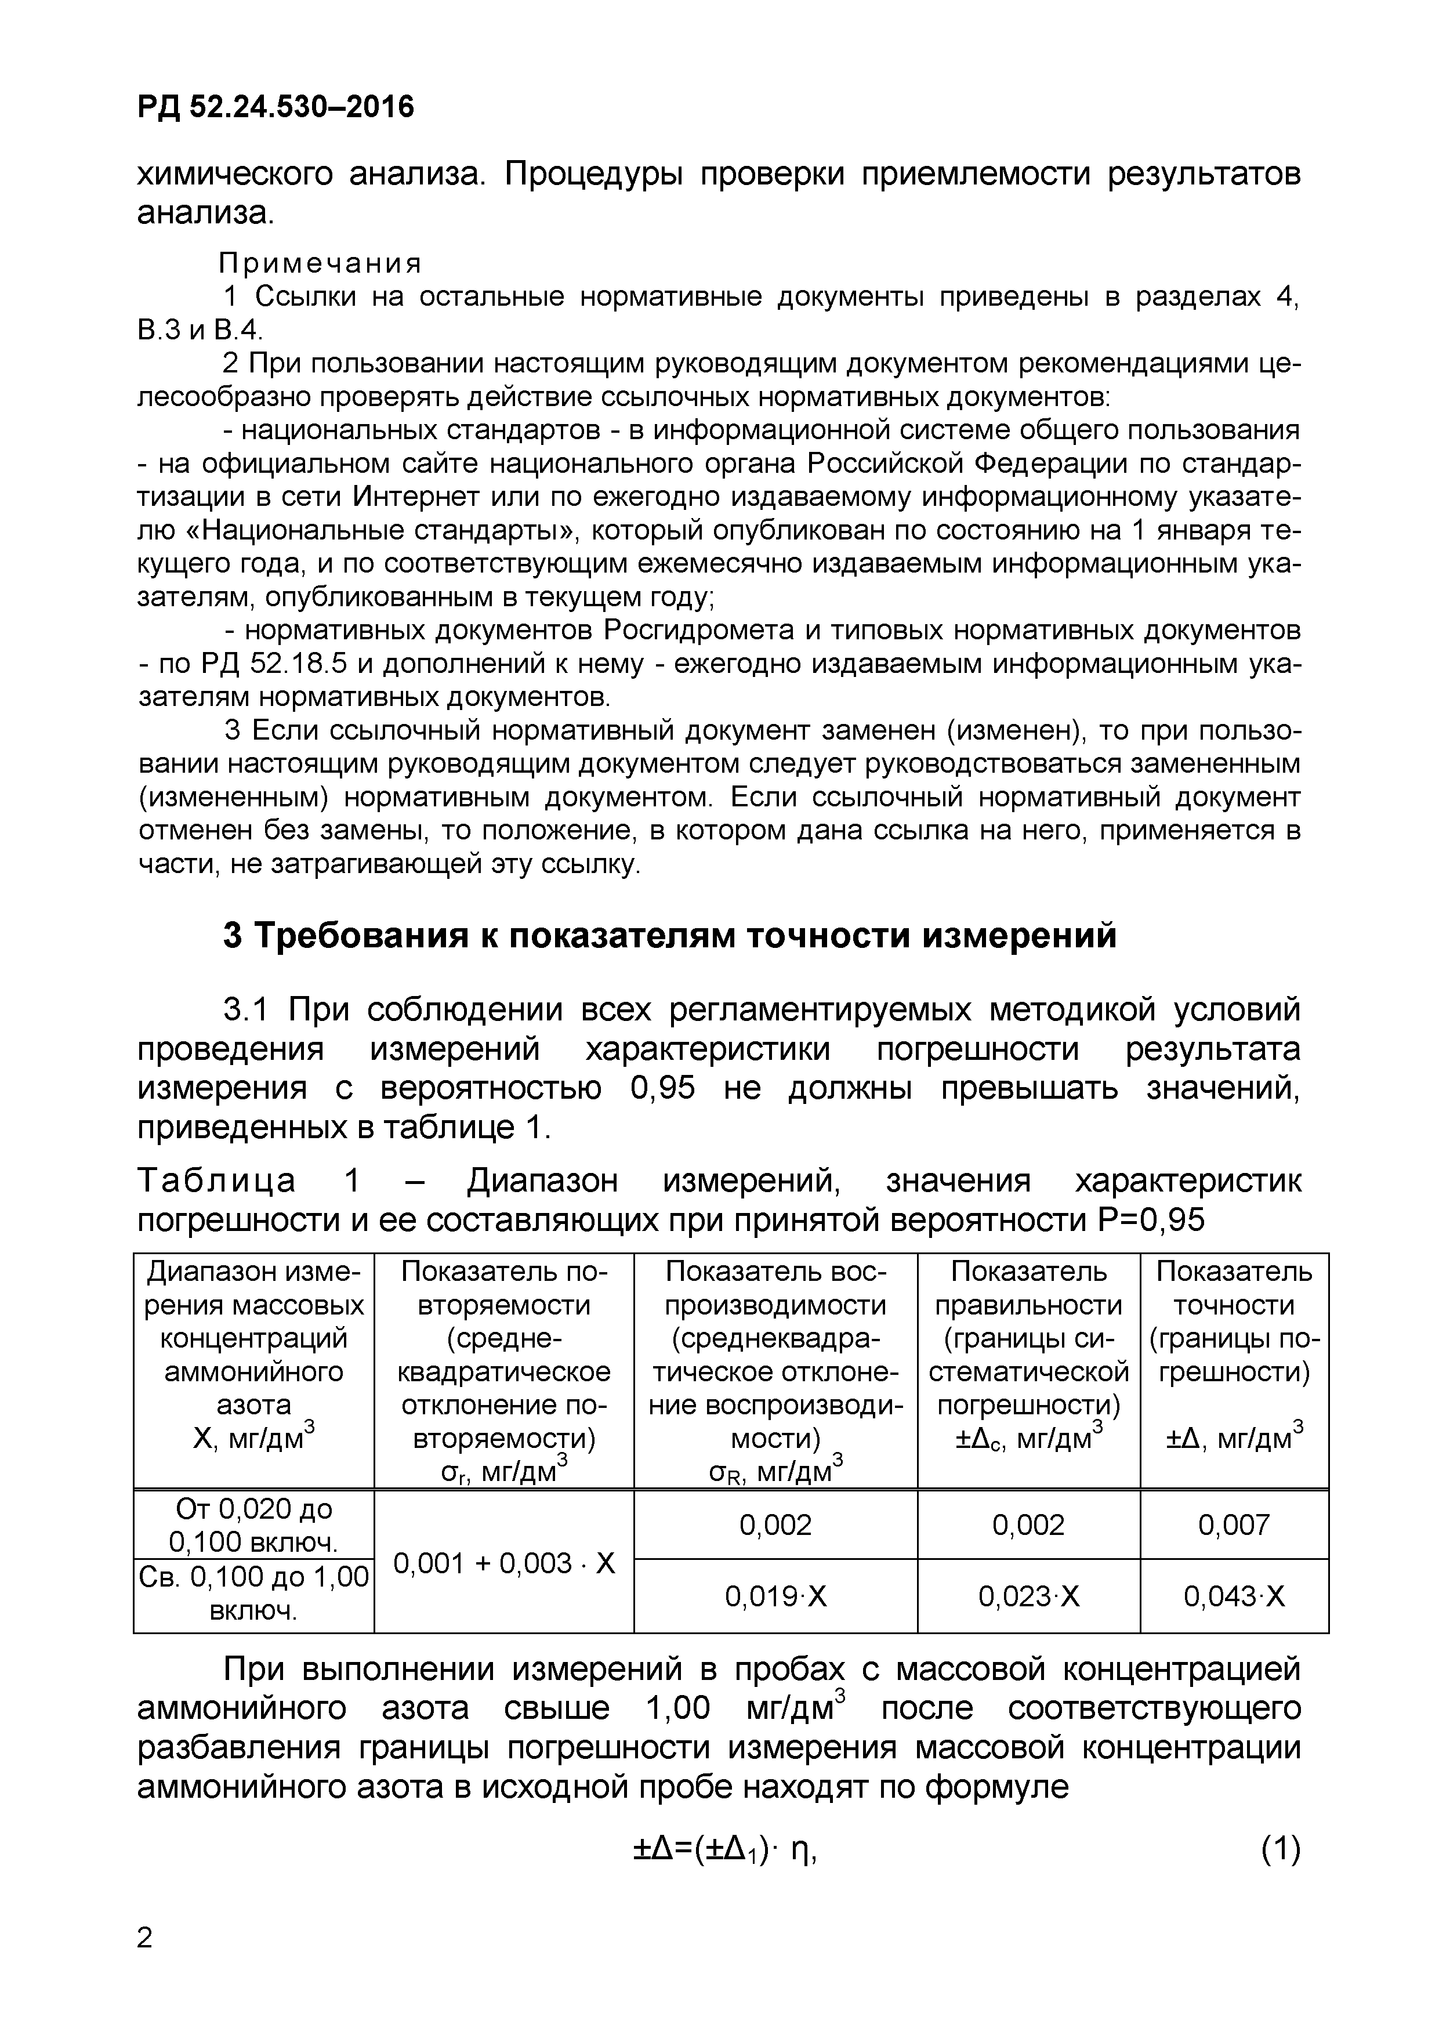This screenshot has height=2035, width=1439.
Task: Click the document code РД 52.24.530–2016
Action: pyautogui.click(x=276, y=107)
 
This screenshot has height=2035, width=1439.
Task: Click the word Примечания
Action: pyautogui.click(x=321, y=263)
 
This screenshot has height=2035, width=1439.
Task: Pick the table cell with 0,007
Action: pyautogui.click(x=1234, y=1525)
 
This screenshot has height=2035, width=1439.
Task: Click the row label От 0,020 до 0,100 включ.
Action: pyautogui.click(x=253, y=1525)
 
